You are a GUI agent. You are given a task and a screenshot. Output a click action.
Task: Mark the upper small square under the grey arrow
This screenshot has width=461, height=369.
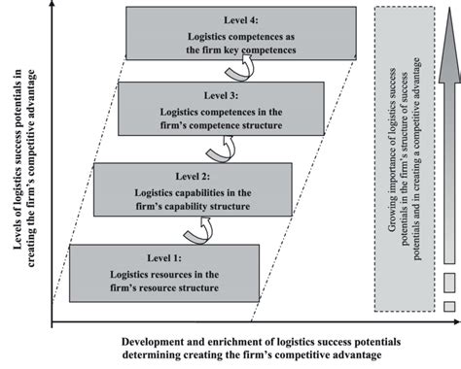pos(448,284)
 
